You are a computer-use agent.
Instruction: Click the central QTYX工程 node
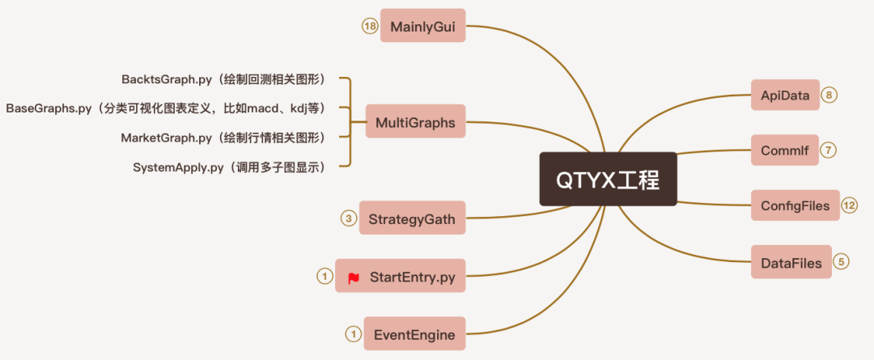(x=608, y=179)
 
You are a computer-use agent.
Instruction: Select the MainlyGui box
(x=422, y=26)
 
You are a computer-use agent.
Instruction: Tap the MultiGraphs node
(x=415, y=122)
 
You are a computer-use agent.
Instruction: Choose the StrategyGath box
(x=412, y=218)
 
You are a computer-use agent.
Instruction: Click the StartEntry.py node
(x=401, y=277)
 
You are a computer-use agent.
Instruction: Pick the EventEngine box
(x=414, y=334)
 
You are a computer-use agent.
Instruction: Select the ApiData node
(x=785, y=95)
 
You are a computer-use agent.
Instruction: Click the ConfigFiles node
(x=795, y=205)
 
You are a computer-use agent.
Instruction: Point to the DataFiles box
(x=791, y=262)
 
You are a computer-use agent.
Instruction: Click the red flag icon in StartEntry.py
(x=354, y=277)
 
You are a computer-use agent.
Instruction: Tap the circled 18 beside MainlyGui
(x=370, y=26)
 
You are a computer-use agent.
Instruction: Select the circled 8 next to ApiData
(x=830, y=95)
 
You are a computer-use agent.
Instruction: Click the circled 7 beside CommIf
(x=829, y=150)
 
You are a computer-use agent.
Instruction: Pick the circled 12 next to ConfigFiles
(x=850, y=205)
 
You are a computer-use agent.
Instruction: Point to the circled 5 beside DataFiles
(x=842, y=262)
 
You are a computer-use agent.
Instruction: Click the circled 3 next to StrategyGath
(x=348, y=218)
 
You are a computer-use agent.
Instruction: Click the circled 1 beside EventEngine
(x=353, y=334)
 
